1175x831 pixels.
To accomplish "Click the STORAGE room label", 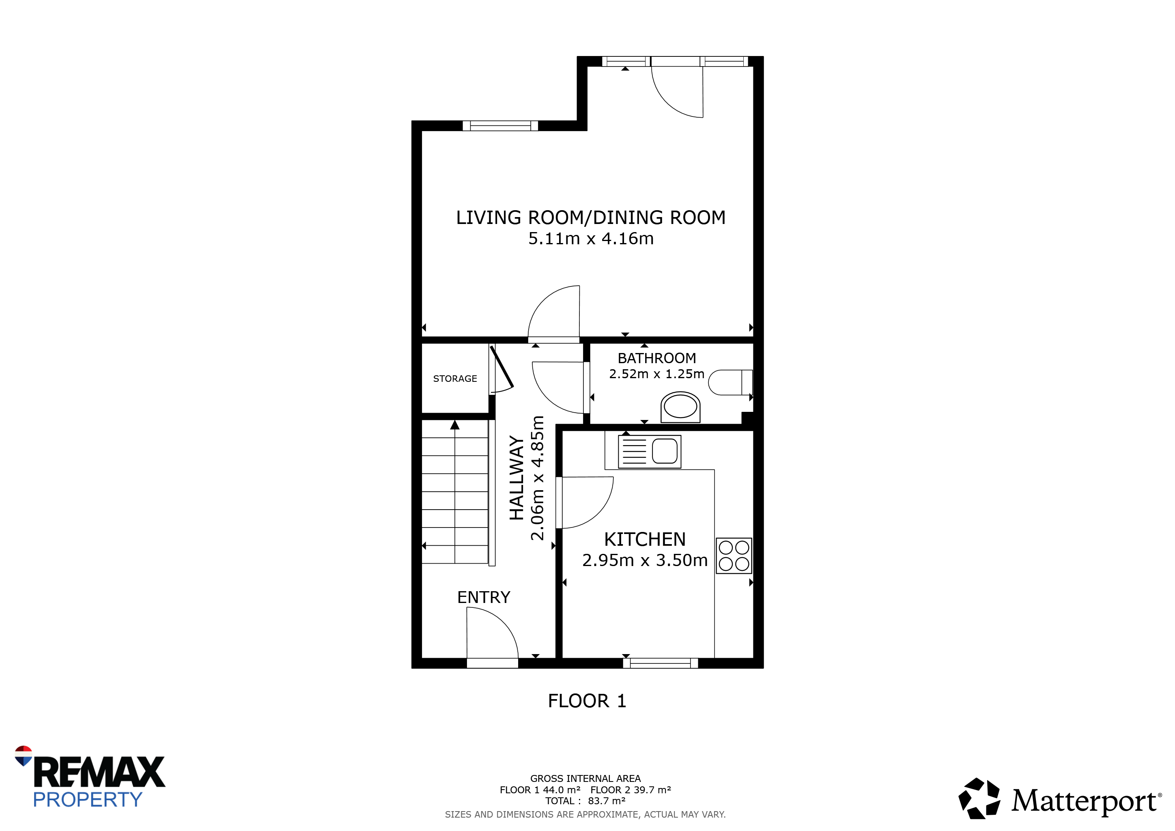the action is coord(455,379).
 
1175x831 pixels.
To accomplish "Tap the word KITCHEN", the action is coord(644,539).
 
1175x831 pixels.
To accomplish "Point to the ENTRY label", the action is coord(484,597).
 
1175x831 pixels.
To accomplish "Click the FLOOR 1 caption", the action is coord(587,701).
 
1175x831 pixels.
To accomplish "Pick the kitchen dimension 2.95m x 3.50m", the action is coord(645,560).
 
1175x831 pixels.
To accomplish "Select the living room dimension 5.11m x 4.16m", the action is coord(591,239).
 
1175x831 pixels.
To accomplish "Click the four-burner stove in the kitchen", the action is coord(734,556).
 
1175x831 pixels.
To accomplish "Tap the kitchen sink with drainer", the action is coord(650,451).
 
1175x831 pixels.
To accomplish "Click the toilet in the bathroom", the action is coord(730,382).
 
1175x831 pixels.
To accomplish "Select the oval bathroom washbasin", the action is coord(680,407).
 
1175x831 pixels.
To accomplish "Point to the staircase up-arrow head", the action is coord(455,425).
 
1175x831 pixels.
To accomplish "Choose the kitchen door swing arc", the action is coord(599,513).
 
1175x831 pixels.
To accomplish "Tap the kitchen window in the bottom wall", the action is coord(660,663).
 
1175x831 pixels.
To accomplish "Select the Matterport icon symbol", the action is coord(979,799).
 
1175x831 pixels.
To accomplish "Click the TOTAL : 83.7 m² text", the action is coord(585,801).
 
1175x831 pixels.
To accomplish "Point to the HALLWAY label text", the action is coord(517,478).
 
